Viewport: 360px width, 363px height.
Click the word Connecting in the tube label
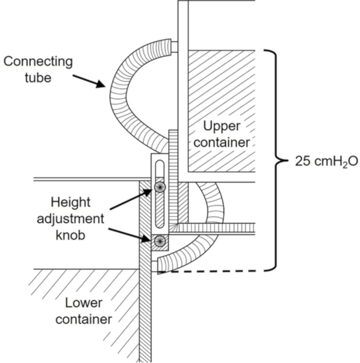[x=38, y=62]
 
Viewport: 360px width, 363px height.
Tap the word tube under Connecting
[x=38, y=78]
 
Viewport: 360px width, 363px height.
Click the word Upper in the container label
[x=222, y=126]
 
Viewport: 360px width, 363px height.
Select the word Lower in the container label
[x=84, y=303]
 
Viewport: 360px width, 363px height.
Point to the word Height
[x=70, y=203]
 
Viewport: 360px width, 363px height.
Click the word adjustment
[x=70, y=219]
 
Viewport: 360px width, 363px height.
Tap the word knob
[x=70, y=235]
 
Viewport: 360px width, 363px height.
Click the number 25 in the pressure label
[x=302, y=161]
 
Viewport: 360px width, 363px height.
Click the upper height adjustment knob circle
[x=160, y=187]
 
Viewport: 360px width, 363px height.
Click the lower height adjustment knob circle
[x=160, y=241]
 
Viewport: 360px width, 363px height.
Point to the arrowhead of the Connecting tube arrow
[x=101, y=84]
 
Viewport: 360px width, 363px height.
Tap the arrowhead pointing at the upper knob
[x=147, y=192]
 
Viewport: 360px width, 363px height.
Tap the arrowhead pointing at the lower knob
[x=147, y=239]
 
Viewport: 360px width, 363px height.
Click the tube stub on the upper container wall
[x=174, y=47]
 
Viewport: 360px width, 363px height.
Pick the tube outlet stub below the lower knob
[x=154, y=266]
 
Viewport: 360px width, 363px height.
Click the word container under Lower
[x=84, y=319]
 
